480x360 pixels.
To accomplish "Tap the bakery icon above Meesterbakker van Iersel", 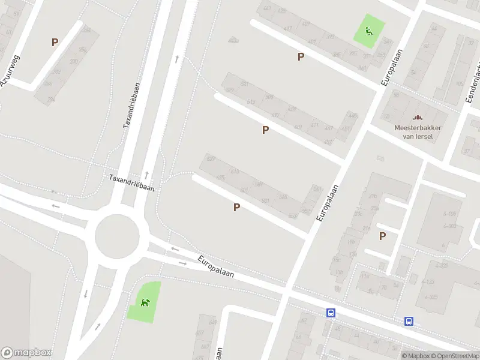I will click(x=418, y=118).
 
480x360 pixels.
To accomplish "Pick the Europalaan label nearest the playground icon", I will click(x=391, y=65).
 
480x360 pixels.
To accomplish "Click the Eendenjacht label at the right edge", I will click(x=473, y=84).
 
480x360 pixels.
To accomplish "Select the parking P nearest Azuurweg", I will click(x=55, y=42).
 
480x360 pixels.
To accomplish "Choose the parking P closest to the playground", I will click(x=301, y=56).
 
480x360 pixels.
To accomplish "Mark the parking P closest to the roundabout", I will click(x=236, y=207).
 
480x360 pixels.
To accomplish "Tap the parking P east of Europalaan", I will click(x=382, y=236).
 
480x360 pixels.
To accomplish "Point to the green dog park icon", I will click(x=145, y=302).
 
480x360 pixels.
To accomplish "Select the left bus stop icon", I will click(x=330, y=313).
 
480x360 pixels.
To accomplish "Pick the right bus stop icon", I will click(x=409, y=321).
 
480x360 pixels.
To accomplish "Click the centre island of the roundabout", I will click(x=121, y=235).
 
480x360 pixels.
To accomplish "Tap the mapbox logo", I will click(x=26, y=352).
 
